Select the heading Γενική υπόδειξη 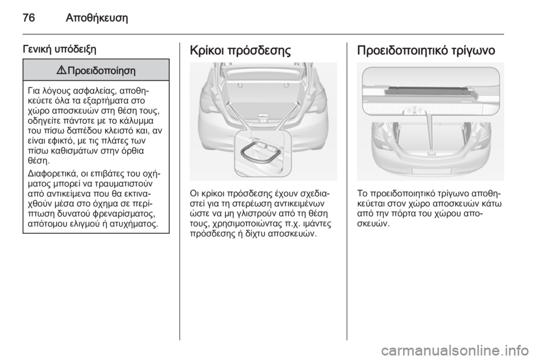54,49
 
